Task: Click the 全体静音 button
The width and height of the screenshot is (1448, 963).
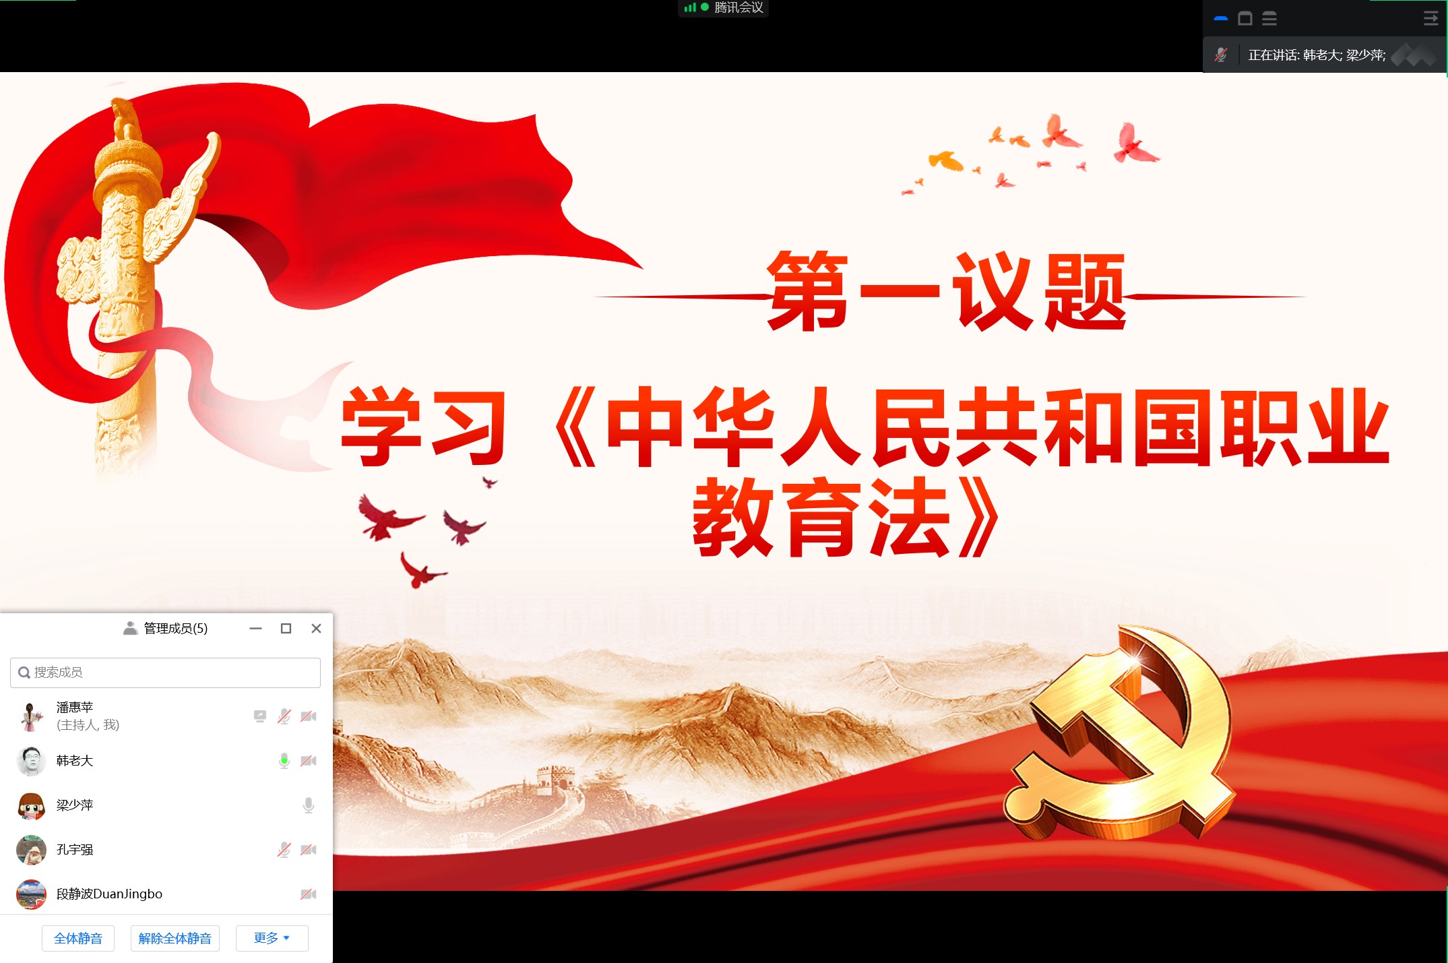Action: pos(78,938)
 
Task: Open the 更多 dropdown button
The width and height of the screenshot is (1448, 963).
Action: pos(272,938)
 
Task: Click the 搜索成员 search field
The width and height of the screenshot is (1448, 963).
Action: pos(165,673)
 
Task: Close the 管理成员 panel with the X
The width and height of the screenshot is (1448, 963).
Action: pos(316,628)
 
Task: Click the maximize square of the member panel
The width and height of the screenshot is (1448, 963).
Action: pos(286,628)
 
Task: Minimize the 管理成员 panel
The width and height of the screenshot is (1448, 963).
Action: pos(255,628)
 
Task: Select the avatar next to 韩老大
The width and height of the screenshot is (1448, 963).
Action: pos(31,761)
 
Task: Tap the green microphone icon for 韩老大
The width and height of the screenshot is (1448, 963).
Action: pos(284,761)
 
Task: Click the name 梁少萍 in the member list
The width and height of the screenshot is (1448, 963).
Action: pos(75,805)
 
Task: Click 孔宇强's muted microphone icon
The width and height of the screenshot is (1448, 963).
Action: pos(284,850)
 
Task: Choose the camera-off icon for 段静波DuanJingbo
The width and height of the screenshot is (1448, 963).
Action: pos(309,894)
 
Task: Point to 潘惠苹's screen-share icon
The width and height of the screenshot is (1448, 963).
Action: pos(260,716)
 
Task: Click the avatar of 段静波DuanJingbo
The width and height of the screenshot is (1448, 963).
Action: pos(31,894)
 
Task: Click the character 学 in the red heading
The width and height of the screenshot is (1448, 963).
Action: pos(382,426)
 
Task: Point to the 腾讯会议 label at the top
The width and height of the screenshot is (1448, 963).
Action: pos(738,7)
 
